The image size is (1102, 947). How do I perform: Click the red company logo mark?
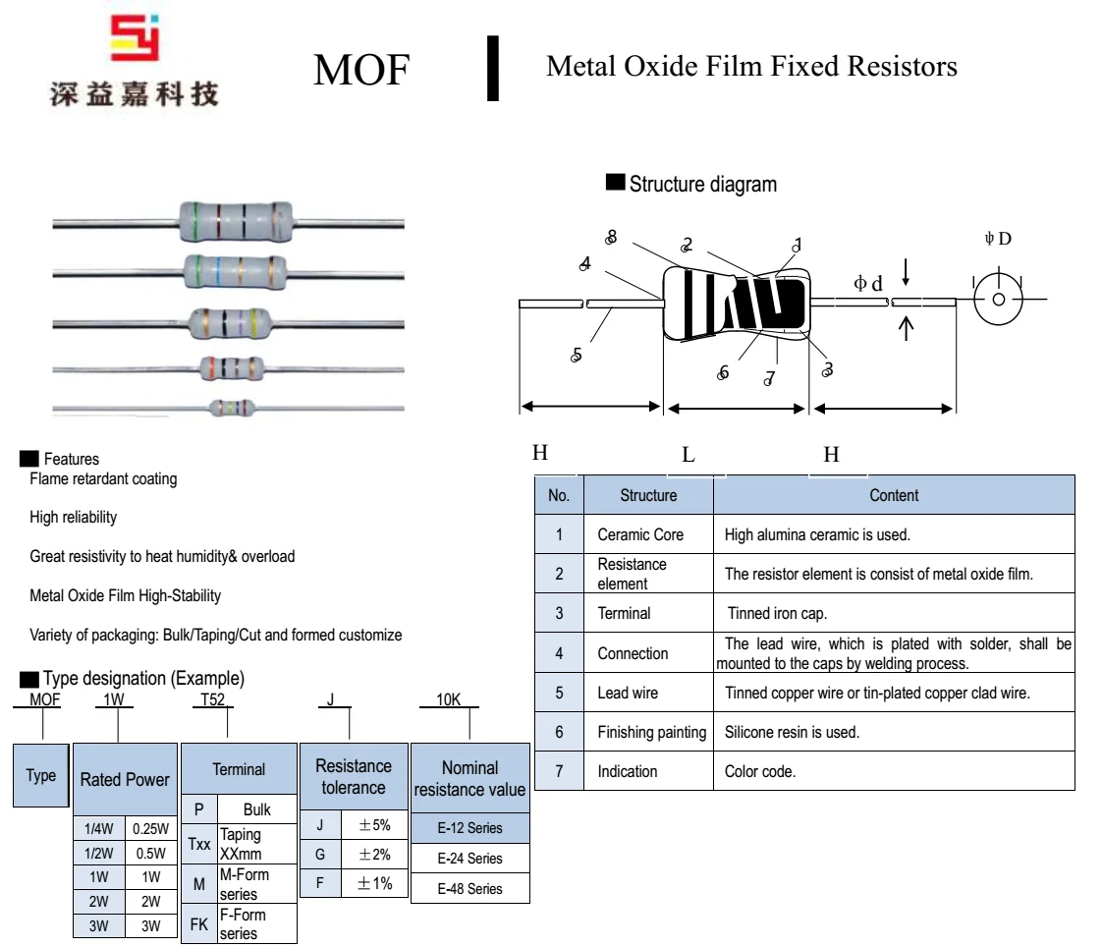pyautogui.click(x=135, y=39)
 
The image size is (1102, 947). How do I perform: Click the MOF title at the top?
pyautogui.click(x=360, y=70)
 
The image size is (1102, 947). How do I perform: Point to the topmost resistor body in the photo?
pyautogui.click(x=236, y=220)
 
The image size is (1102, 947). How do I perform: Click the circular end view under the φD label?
pyautogui.click(x=998, y=300)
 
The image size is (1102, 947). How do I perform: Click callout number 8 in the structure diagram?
pyautogui.click(x=612, y=237)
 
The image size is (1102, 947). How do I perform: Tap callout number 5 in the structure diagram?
pyautogui.click(x=577, y=355)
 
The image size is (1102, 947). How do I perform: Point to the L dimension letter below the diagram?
pyautogui.click(x=689, y=454)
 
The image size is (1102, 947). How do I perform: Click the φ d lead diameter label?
pyautogui.click(x=868, y=284)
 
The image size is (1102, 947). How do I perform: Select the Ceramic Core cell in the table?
pyautogui.click(x=640, y=534)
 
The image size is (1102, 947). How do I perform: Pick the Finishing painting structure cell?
pyautogui.click(x=651, y=732)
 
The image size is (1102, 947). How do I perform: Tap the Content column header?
pyautogui.click(x=894, y=495)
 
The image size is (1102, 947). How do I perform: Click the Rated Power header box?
pyautogui.click(x=125, y=779)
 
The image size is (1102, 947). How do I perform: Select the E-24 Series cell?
pyautogui.click(x=469, y=859)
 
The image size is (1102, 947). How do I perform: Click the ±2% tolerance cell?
pyautogui.click(x=374, y=855)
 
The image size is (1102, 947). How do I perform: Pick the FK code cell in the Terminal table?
pyautogui.click(x=199, y=923)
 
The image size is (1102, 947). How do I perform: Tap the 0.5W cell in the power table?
pyautogui.click(x=150, y=853)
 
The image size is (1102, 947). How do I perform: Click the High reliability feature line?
pyautogui.click(x=73, y=518)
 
